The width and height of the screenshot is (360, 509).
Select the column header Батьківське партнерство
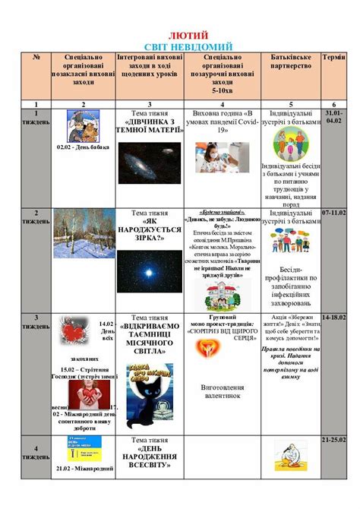[291, 62]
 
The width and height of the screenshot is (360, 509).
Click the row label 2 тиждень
[36, 217]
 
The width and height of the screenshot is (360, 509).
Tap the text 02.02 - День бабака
[83, 147]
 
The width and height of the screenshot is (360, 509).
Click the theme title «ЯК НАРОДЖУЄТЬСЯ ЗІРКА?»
[150, 228]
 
